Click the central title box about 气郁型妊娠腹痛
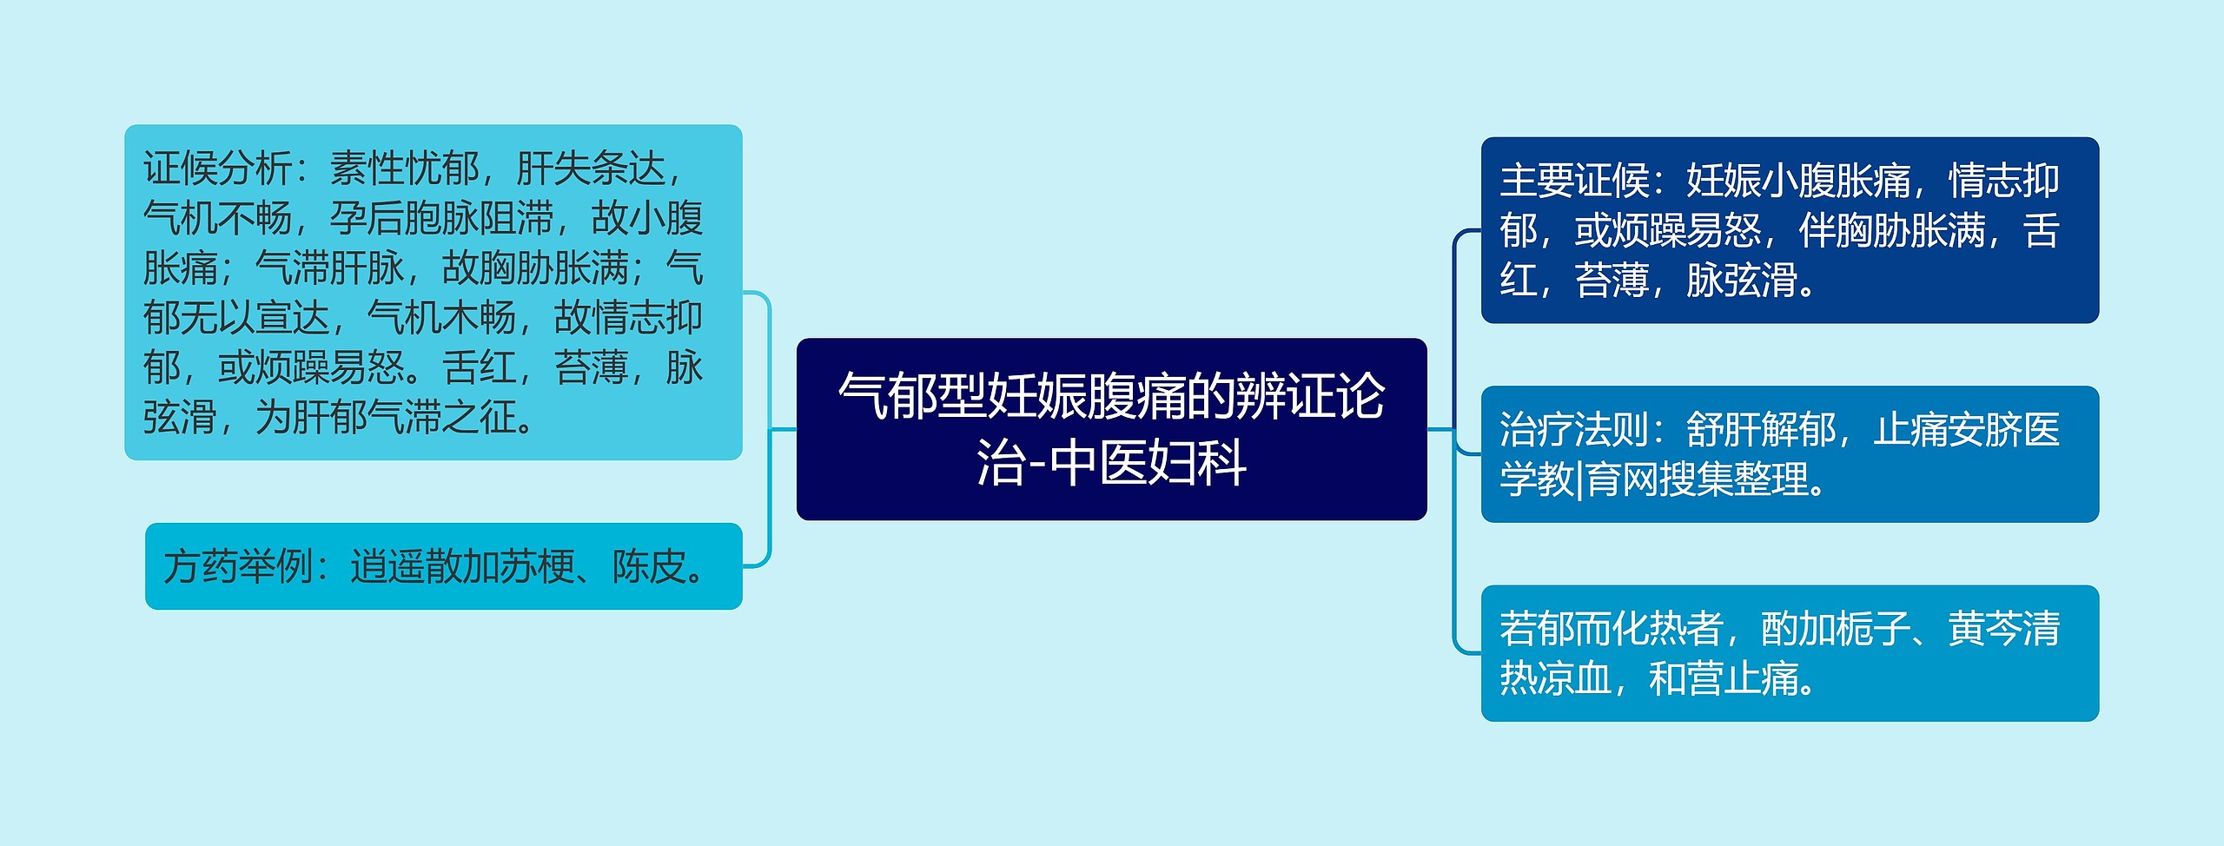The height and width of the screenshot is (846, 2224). point(1111,429)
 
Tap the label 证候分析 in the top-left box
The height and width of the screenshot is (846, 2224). point(217,169)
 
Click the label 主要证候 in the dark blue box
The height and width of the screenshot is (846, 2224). point(1574,181)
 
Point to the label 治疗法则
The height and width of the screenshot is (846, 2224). point(1574,430)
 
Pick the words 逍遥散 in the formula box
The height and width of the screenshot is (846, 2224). point(406,567)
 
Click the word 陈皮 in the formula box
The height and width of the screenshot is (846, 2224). point(649,567)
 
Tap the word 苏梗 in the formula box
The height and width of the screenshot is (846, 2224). point(537,567)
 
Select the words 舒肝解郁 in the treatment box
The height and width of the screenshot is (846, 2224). point(1761,430)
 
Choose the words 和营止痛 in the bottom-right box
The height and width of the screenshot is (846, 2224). point(1724,678)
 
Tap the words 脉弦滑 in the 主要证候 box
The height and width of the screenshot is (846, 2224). point(1742,281)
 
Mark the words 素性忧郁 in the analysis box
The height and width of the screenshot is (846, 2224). point(405,169)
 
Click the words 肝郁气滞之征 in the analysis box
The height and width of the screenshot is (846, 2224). point(405,418)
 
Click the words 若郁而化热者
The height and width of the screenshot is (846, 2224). point(1612,629)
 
